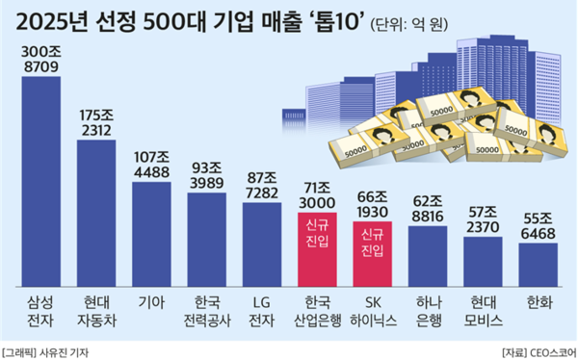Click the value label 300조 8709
click(40, 61)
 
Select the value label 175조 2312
click(96, 124)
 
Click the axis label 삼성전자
click(40, 307)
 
